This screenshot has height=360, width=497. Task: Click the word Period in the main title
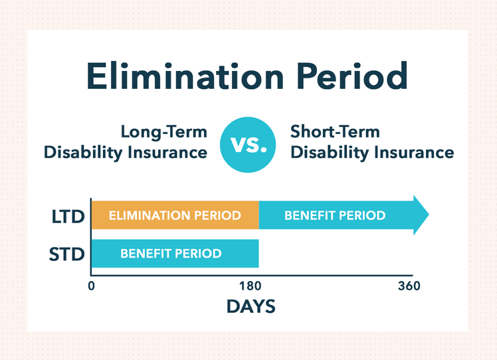point(353,78)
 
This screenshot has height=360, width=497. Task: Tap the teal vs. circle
point(248,143)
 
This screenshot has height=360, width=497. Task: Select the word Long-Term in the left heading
point(163,132)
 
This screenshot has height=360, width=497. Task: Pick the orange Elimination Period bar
point(175,215)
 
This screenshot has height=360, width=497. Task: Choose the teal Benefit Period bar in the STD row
point(175,254)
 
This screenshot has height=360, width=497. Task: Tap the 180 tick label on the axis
point(250,286)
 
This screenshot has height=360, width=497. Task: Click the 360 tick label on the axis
point(409,286)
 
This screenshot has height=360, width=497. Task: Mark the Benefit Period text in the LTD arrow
point(334,216)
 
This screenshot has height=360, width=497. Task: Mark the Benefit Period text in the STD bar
point(171,254)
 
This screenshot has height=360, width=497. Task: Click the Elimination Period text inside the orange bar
point(175,216)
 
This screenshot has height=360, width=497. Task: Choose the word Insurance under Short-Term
point(413,153)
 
